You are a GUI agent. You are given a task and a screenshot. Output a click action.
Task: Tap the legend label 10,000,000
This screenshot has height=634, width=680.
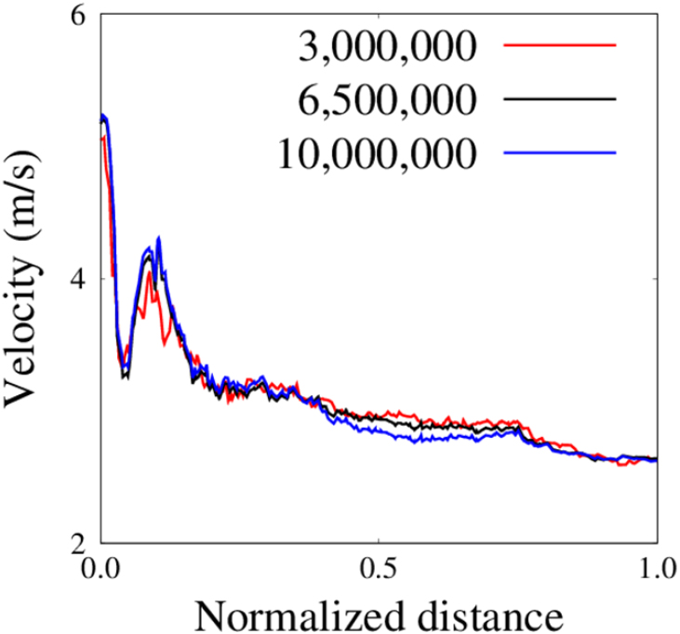pyautogui.click(x=377, y=151)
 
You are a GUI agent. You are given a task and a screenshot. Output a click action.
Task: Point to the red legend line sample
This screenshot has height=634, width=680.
pyautogui.click(x=560, y=44)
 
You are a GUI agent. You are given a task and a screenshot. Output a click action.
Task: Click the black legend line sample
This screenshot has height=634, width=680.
pyautogui.click(x=560, y=98)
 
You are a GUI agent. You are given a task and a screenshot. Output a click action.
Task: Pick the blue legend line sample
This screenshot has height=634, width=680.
pyautogui.click(x=560, y=152)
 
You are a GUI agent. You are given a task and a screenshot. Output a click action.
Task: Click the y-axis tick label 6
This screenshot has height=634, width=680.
pyautogui.click(x=79, y=17)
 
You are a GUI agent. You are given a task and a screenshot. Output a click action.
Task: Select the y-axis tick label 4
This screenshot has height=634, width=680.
pyautogui.click(x=79, y=280)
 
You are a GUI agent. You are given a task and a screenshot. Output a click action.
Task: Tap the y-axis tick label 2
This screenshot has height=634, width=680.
pyautogui.click(x=79, y=542)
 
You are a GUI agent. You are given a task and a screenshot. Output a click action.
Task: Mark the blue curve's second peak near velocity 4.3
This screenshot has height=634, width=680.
pyautogui.click(x=159, y=239)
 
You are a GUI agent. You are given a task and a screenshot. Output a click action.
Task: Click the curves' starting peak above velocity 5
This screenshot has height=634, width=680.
pyautogui.click(x=103, y=116)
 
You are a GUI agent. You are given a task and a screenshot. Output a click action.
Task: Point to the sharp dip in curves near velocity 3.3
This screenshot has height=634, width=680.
pyautogui.click(x=124, y=373)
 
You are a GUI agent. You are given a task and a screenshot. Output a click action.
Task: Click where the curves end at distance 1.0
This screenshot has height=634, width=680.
pyautogui.click(x=656, y=459)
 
